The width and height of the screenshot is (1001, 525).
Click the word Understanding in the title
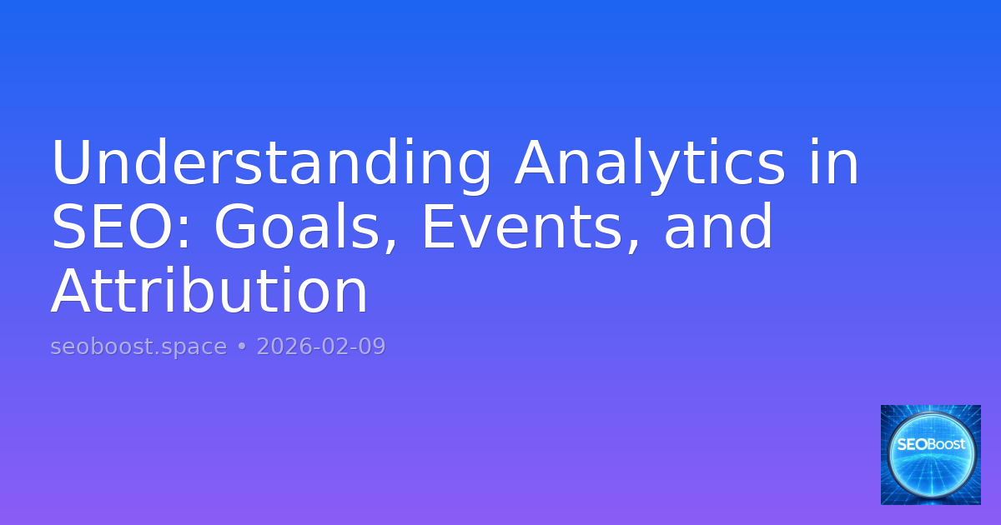click(271, 164)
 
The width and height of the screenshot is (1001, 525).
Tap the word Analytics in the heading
click(650, 164)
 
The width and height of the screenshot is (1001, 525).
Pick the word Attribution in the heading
click(209, 292)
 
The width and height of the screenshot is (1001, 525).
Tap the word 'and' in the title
click(718, 228)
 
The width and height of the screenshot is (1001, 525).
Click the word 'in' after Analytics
click(833, 164)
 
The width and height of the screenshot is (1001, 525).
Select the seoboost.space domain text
click(138, 347)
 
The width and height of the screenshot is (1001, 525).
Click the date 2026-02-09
click(321, 347)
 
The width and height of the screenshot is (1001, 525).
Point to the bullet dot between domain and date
click(242, 347)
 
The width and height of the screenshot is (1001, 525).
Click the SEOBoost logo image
click(931, 455)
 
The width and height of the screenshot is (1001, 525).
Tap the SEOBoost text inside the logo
click(931, 444)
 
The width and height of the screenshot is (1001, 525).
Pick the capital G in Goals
click(237, 228)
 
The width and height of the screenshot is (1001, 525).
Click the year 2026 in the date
click(280, 347)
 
